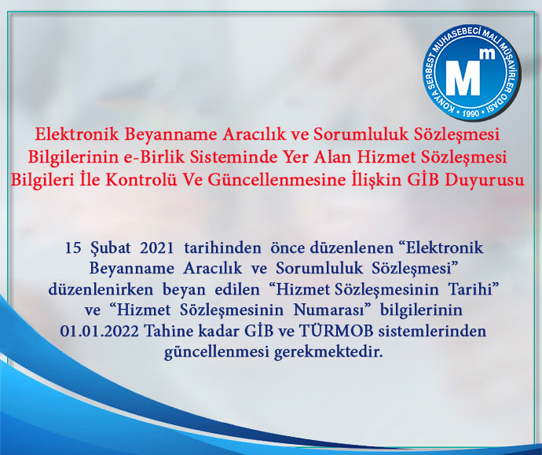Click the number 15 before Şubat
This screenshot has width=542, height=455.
73,248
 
